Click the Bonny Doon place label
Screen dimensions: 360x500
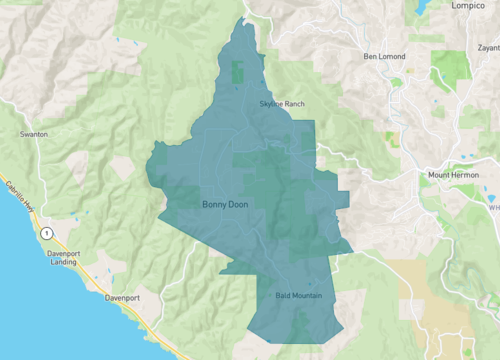coord(225,205)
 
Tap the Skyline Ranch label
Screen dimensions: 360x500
coord(275,104)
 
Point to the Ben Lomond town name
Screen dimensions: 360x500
coord(385,56)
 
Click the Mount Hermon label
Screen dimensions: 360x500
coord(454,175)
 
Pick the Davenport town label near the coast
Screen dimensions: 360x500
coord(127,298)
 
